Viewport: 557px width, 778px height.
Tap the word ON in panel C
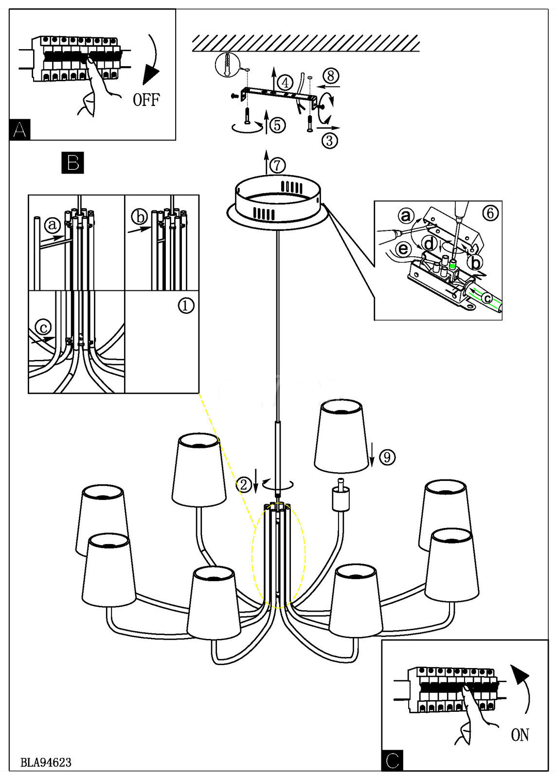(520, 735)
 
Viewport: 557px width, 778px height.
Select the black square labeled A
(19, 130)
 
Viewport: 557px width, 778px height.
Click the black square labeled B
(73, 162)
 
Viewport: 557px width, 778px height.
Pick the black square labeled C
(393, 760)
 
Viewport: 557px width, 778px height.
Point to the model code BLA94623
(46, 762)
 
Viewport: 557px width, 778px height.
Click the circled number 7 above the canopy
(277, 165)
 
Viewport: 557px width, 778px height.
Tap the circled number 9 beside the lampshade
(387, 457)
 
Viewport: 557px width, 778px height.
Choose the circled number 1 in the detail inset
(186, 305)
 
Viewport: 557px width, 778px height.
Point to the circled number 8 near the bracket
(331, 76)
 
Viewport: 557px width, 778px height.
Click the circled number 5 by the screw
(277, 125)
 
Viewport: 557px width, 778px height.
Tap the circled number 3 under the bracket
(330, 141)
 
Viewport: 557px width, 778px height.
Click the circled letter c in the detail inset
(43, 327)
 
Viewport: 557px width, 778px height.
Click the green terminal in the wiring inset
(453, 265)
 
